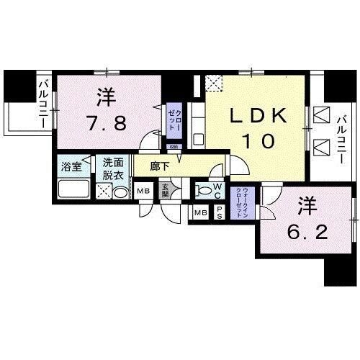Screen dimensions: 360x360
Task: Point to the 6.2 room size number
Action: click(302, 233)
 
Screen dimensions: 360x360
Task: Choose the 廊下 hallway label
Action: click(160, 166)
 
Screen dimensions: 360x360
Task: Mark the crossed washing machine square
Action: click(104, 192)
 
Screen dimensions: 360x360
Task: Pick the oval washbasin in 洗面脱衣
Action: click(121, 193)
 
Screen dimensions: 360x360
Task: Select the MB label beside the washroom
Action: click(143, 192)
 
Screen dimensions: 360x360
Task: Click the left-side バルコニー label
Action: click(43, 105)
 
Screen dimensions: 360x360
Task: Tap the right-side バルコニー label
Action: click(343, 136)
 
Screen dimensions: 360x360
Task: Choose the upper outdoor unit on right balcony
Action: click(322, 117)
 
